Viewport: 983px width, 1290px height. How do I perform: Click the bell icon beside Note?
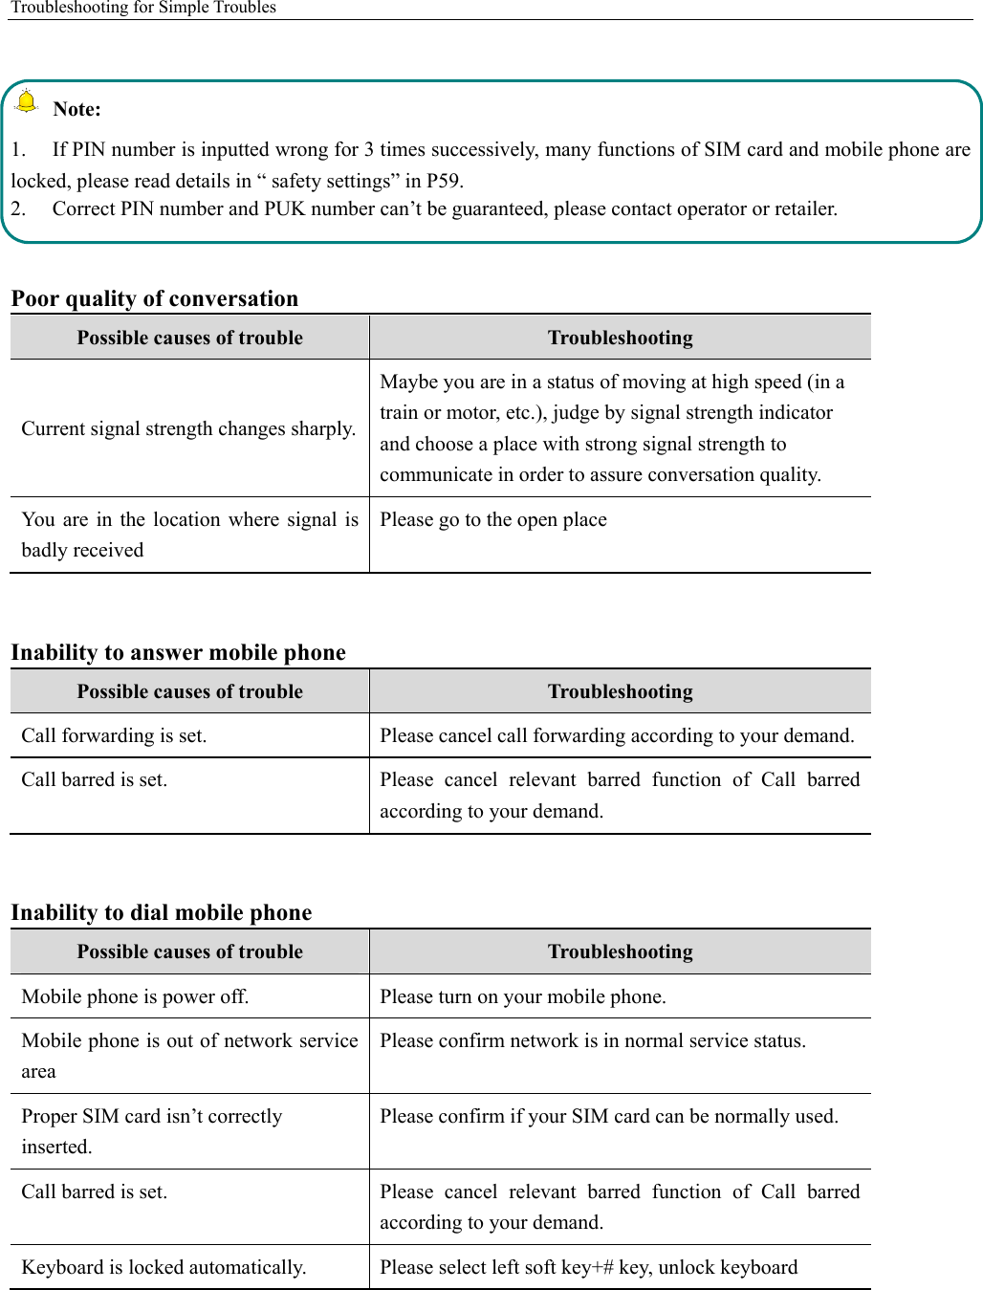coord(27,101)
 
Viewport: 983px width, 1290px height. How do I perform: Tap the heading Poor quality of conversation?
coord(155,298)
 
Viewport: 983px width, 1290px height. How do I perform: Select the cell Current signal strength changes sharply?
coord(188,428)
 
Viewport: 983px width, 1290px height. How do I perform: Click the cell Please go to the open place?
coord(493,519)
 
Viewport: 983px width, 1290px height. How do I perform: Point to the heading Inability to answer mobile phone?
coord(178,652)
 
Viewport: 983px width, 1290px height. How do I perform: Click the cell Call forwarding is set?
coord(114,735)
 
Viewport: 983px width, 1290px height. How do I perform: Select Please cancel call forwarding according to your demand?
coord(617,735)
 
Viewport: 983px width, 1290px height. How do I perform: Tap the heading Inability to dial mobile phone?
coord(161,912)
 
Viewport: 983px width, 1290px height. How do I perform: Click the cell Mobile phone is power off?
coord(135,996)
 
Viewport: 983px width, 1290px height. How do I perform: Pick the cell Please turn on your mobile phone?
coord(523,996)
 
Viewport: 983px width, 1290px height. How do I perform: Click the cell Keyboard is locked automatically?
coord(164,1267)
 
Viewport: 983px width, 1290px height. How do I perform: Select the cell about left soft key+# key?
coord(588,1267)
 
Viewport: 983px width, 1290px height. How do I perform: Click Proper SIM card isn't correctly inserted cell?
coord(152,1130)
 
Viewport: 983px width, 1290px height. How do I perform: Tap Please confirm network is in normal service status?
coord(593,1040)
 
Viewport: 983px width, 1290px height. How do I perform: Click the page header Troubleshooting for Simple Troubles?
coord(143,8)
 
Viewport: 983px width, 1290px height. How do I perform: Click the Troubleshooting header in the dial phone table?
coord(620,951)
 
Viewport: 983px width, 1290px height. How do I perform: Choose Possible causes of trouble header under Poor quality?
coord(189,338)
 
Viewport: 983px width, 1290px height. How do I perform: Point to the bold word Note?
coord(76,109)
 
